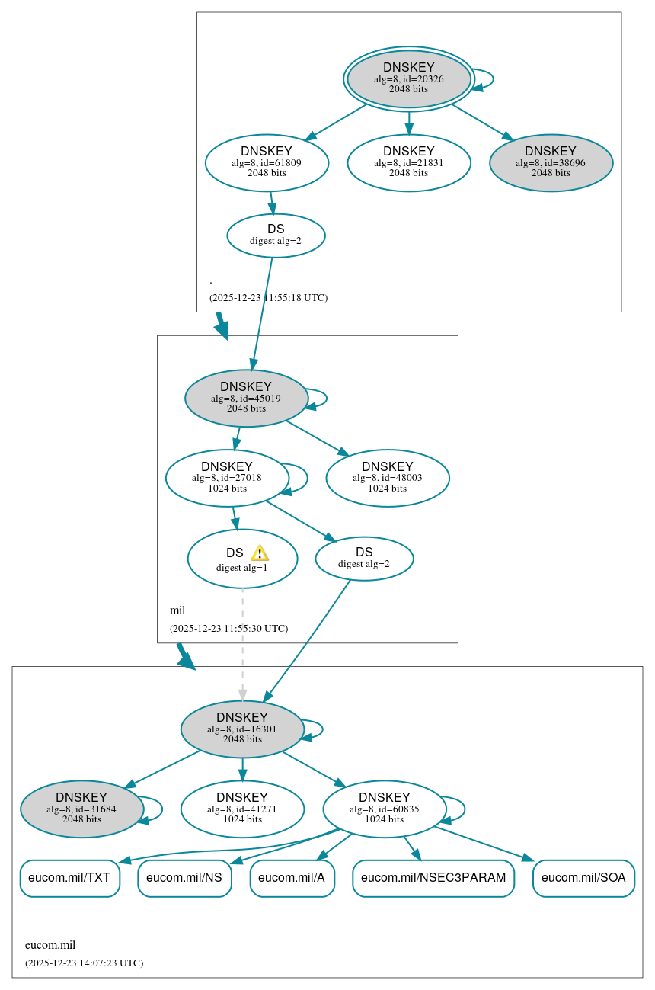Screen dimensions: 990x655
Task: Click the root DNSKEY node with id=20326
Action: (409, 78)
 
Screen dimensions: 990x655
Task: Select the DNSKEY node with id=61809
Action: (267, 162)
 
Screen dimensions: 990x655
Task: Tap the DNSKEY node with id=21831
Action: (409, 162)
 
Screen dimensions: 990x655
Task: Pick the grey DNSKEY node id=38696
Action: (551, 162)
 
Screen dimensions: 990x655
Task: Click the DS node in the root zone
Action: (276, 235)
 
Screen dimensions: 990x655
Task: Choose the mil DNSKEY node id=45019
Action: (246, 398)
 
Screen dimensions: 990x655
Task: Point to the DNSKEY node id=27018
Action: (227, 478)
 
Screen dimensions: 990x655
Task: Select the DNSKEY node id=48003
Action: (388, 478)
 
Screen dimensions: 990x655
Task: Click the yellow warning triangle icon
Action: (260, 553)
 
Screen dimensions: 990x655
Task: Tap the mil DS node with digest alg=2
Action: (364, 559)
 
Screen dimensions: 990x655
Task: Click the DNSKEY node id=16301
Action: (242, 729)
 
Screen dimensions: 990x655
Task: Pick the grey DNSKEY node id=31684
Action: (81, 809)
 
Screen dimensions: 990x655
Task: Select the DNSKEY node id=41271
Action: (242, 809)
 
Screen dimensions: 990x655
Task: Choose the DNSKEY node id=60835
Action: (385, 809)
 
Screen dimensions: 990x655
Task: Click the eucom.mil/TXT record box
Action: (69, 878)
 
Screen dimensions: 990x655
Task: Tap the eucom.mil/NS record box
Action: (184, 878)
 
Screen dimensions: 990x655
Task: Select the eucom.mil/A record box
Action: (292, 878)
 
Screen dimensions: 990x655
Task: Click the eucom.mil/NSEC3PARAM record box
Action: (433, 878)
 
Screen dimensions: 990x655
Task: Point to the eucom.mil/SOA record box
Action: (583, 878)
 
